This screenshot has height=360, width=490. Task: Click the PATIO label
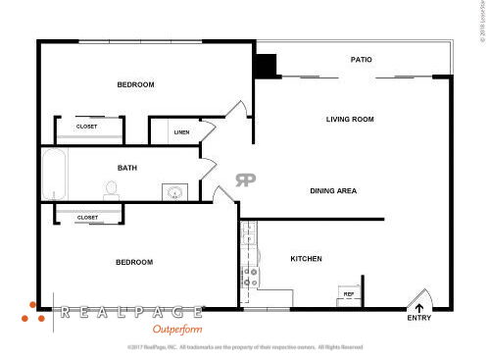(362, 60)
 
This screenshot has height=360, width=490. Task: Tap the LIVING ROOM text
(350, 120)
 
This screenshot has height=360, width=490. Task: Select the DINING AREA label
(332, 190)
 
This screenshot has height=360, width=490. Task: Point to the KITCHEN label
(306, 259)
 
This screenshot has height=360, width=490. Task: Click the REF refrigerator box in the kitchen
(348, 293)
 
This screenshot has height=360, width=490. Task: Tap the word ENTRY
(418, 318)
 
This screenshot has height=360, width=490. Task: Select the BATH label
(127, 168)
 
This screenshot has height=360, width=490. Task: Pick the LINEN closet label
(181, 131)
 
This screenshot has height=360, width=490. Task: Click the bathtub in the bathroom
(54, 175)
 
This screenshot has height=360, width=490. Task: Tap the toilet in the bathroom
(111, 190)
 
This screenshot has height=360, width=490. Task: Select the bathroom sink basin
(175, 192)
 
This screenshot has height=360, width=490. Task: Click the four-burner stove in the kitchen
(250, 277)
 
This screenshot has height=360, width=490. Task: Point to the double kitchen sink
(249, 235)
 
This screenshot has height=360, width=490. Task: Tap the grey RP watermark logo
(245, 180)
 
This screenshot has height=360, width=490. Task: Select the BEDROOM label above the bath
(136, 85)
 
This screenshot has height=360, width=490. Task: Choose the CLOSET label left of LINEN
(87, 127)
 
